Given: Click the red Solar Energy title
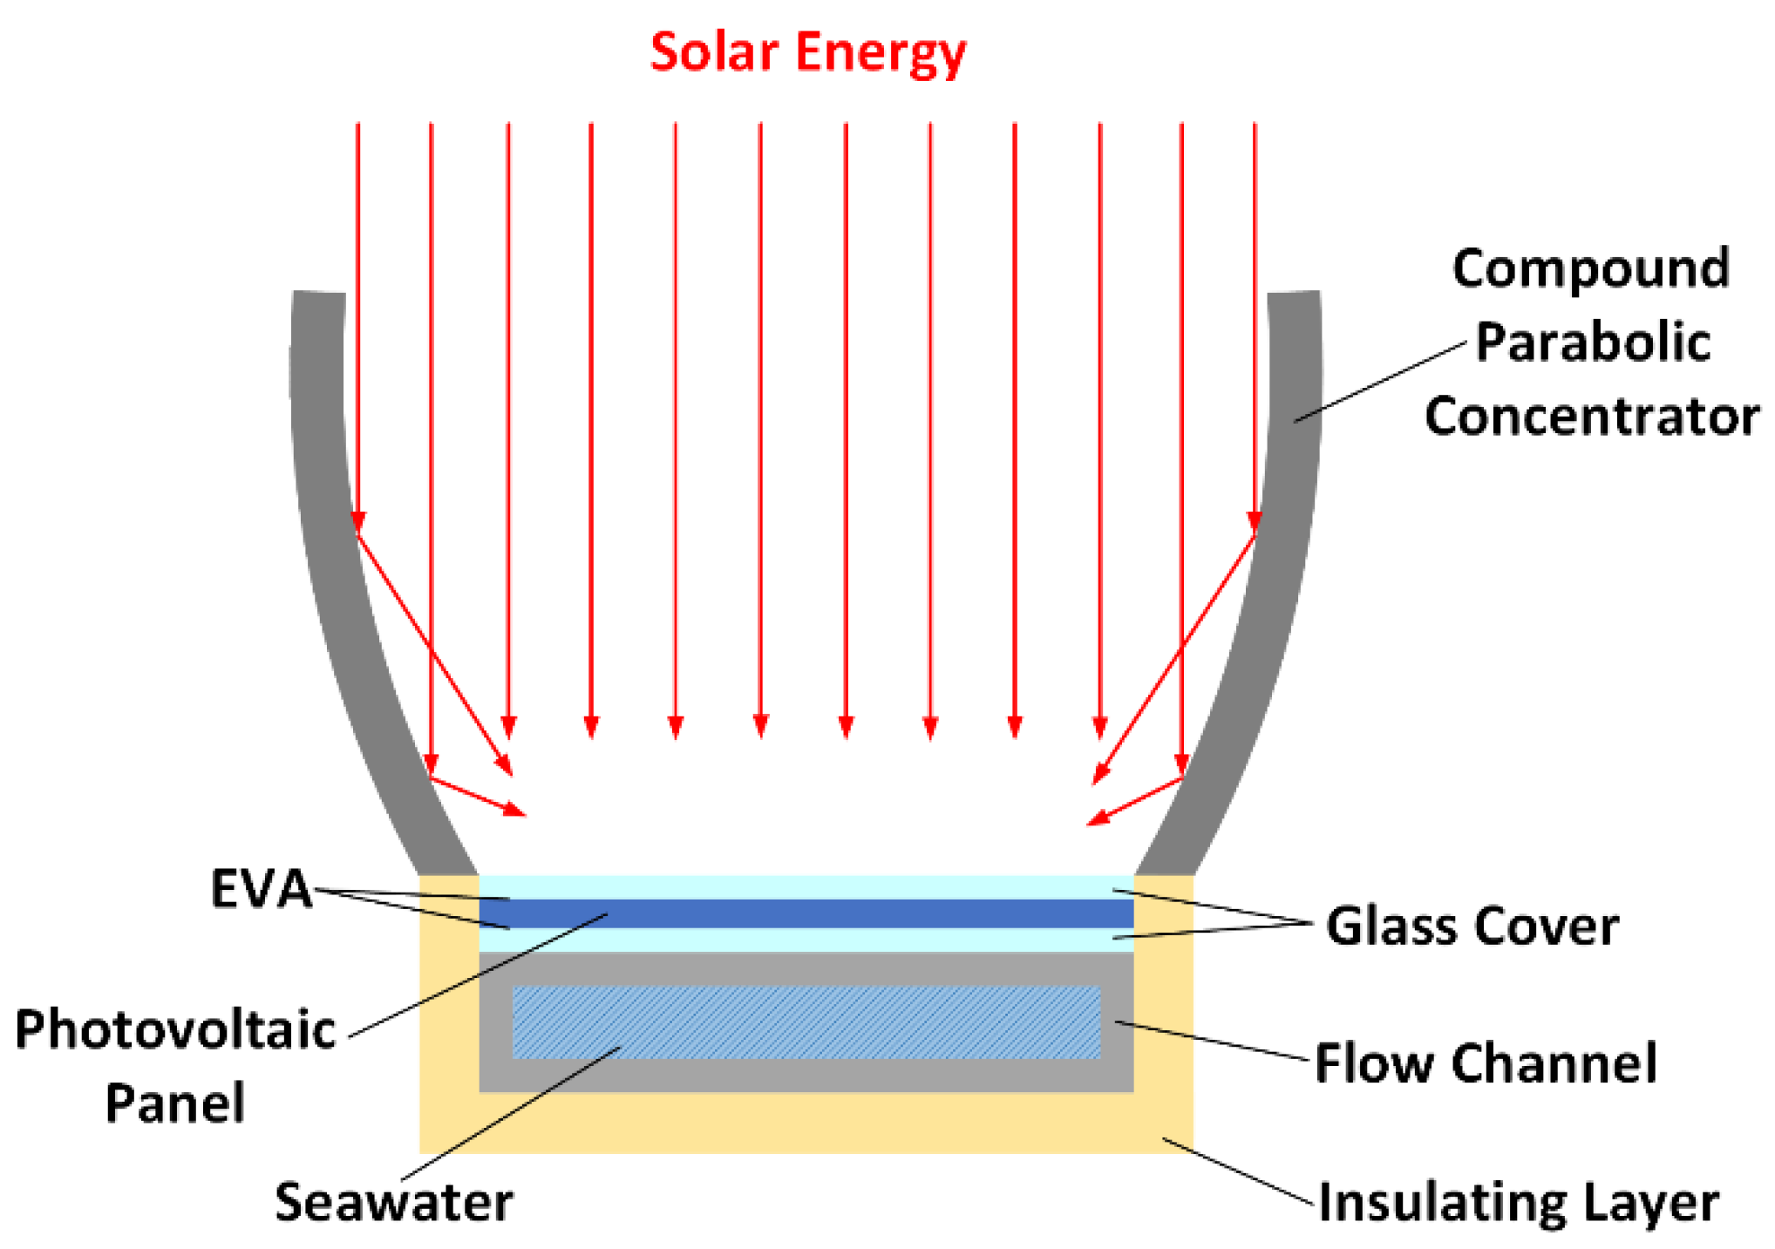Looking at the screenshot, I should [807, 52].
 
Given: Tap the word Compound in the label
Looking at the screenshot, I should [1590, 268].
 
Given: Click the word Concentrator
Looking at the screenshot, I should [1592, 417].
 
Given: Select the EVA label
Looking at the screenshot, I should [261, 890].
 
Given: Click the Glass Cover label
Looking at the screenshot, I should [1472, 926].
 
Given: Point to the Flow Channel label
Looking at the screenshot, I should [1486, 1063].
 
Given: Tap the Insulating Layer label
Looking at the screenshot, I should [1518, 1203].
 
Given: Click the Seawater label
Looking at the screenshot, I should [393, 1203].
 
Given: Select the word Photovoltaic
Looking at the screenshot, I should [175, 1029].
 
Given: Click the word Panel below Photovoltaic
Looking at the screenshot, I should [175, 1103].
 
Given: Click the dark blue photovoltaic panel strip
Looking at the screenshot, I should [806, 913].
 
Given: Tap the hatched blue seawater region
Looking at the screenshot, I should [806, 1022].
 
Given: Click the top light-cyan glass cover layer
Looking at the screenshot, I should [806, 886].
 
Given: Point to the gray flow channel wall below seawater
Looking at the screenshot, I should [806, 1076].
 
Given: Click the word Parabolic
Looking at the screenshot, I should [1592, 342].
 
